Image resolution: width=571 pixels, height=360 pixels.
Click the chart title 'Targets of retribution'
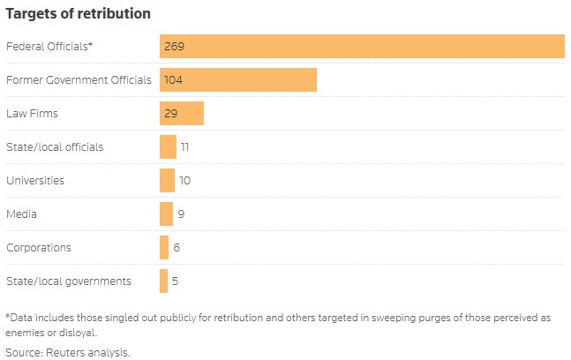pos(78,14)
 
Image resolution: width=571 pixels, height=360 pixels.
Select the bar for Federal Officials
pos(362,46)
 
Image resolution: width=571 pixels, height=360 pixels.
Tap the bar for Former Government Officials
pos(238,79)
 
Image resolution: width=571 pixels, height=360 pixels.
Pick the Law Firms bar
pos(182,113)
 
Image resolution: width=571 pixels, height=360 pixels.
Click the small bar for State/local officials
pos(168,146)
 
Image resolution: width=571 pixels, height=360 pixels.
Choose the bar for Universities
pos(167,180)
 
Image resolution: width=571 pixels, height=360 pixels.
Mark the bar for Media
pos(166,214)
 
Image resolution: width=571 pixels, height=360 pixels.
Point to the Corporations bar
pos(164,247)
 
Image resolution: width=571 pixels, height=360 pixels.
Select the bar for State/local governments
pos(163,281)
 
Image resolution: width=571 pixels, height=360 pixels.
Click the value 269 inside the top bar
pos(173,46)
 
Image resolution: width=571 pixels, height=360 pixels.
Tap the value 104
pos(173,79)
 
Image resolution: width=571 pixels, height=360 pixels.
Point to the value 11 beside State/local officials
pos(184,146)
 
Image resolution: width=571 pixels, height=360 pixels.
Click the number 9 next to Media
pos(180,214)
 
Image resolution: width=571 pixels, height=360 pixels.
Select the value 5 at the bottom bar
pos(176,281)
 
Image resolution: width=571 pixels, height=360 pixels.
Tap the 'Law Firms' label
pos(32,113)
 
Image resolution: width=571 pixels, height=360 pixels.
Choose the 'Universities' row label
pos(35,180)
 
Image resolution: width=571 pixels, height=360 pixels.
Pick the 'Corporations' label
pos(39,247)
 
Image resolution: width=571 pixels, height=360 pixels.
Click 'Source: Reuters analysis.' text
pos(68,352)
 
